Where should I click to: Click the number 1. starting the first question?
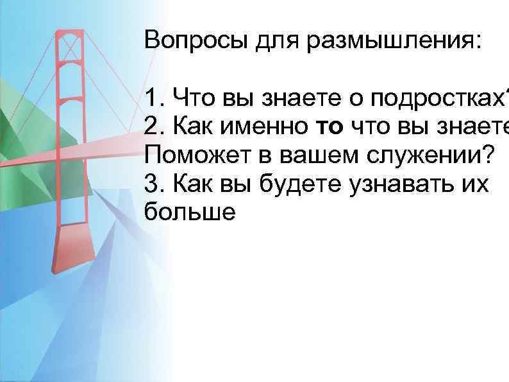(x=154, y=98)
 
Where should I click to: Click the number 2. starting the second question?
(x=154, y=127)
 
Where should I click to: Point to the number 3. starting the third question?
(x=154, y=184)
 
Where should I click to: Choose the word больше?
(x=190, y=213)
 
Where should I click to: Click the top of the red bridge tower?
(x=69, y=32)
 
